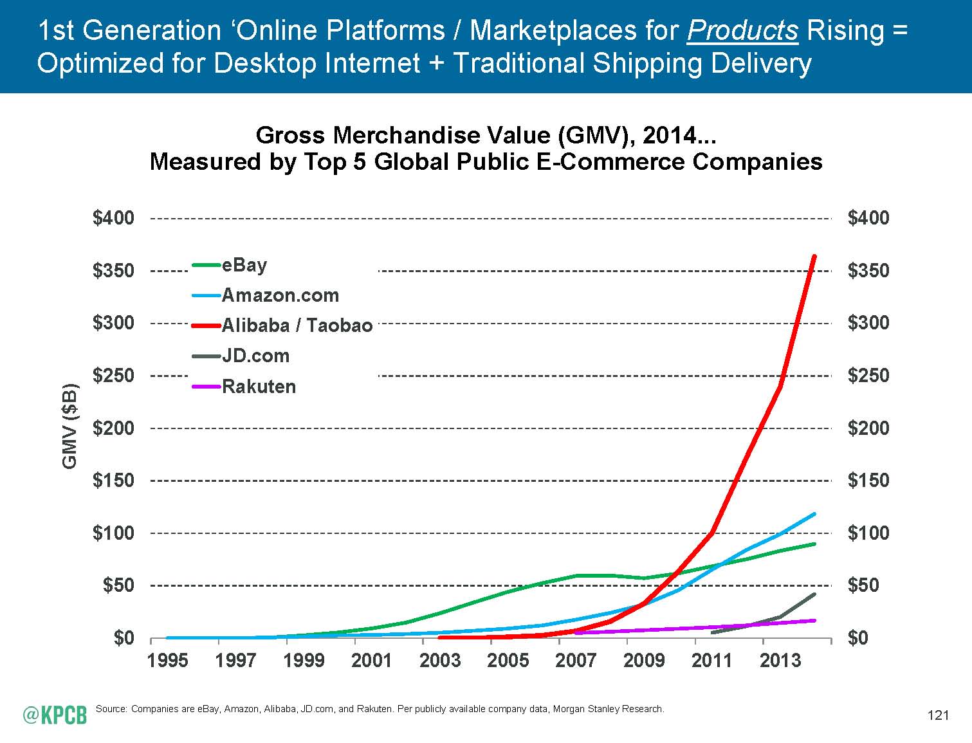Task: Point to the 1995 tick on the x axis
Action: click(167, 660)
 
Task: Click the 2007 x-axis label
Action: click(576, 660)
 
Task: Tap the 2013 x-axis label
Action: click(780, 660)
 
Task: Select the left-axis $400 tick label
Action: click(114, 218)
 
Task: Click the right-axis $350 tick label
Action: click(868, 271)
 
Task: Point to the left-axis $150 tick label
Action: click(114, 481)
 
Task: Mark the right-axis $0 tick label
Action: click(858, 638)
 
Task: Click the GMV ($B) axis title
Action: click(69, 426)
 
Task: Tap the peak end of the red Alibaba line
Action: click(814, 256)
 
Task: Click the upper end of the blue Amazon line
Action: click(814, 514)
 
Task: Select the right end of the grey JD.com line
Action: click(814, 594)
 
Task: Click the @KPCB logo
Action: click(55, 713)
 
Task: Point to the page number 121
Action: click(939, 715)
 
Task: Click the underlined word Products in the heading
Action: click(742, 31)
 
